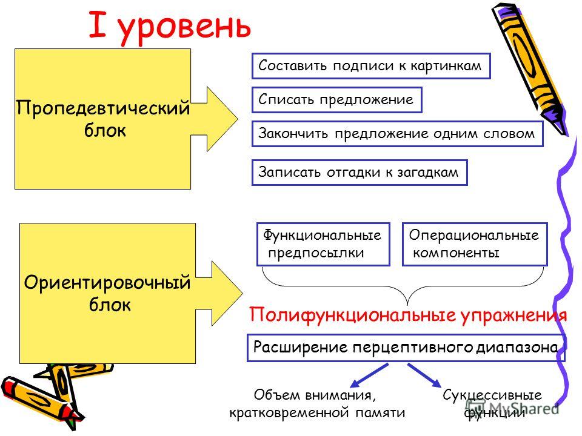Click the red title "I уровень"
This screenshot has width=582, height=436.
coord(170,26)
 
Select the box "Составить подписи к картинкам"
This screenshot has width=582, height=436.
coord(371,66)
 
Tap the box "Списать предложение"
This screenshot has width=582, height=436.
coord(336,100)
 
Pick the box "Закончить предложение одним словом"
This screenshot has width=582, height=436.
coord(397,133)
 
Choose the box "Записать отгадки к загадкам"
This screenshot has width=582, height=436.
coord(360,173)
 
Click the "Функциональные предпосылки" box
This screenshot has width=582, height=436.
coord(323,244)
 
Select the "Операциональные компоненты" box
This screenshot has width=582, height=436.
coord(475,244)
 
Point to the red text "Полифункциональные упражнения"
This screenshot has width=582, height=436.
coord(408,315)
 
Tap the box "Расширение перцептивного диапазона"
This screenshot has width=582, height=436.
coord(406,348)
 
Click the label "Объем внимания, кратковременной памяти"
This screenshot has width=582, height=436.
coord(316,403)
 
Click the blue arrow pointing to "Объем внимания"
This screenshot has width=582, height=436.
coord(369,375)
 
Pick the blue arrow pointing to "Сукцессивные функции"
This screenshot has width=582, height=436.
coord(424,375)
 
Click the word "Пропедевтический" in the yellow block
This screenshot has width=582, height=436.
coord(103,108)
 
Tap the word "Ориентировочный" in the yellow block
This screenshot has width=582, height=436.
coord(107,283)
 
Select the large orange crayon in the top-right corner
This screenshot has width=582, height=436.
coord(529,68)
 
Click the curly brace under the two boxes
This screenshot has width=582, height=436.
coord(403,286)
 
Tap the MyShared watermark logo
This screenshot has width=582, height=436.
coord(512,408)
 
